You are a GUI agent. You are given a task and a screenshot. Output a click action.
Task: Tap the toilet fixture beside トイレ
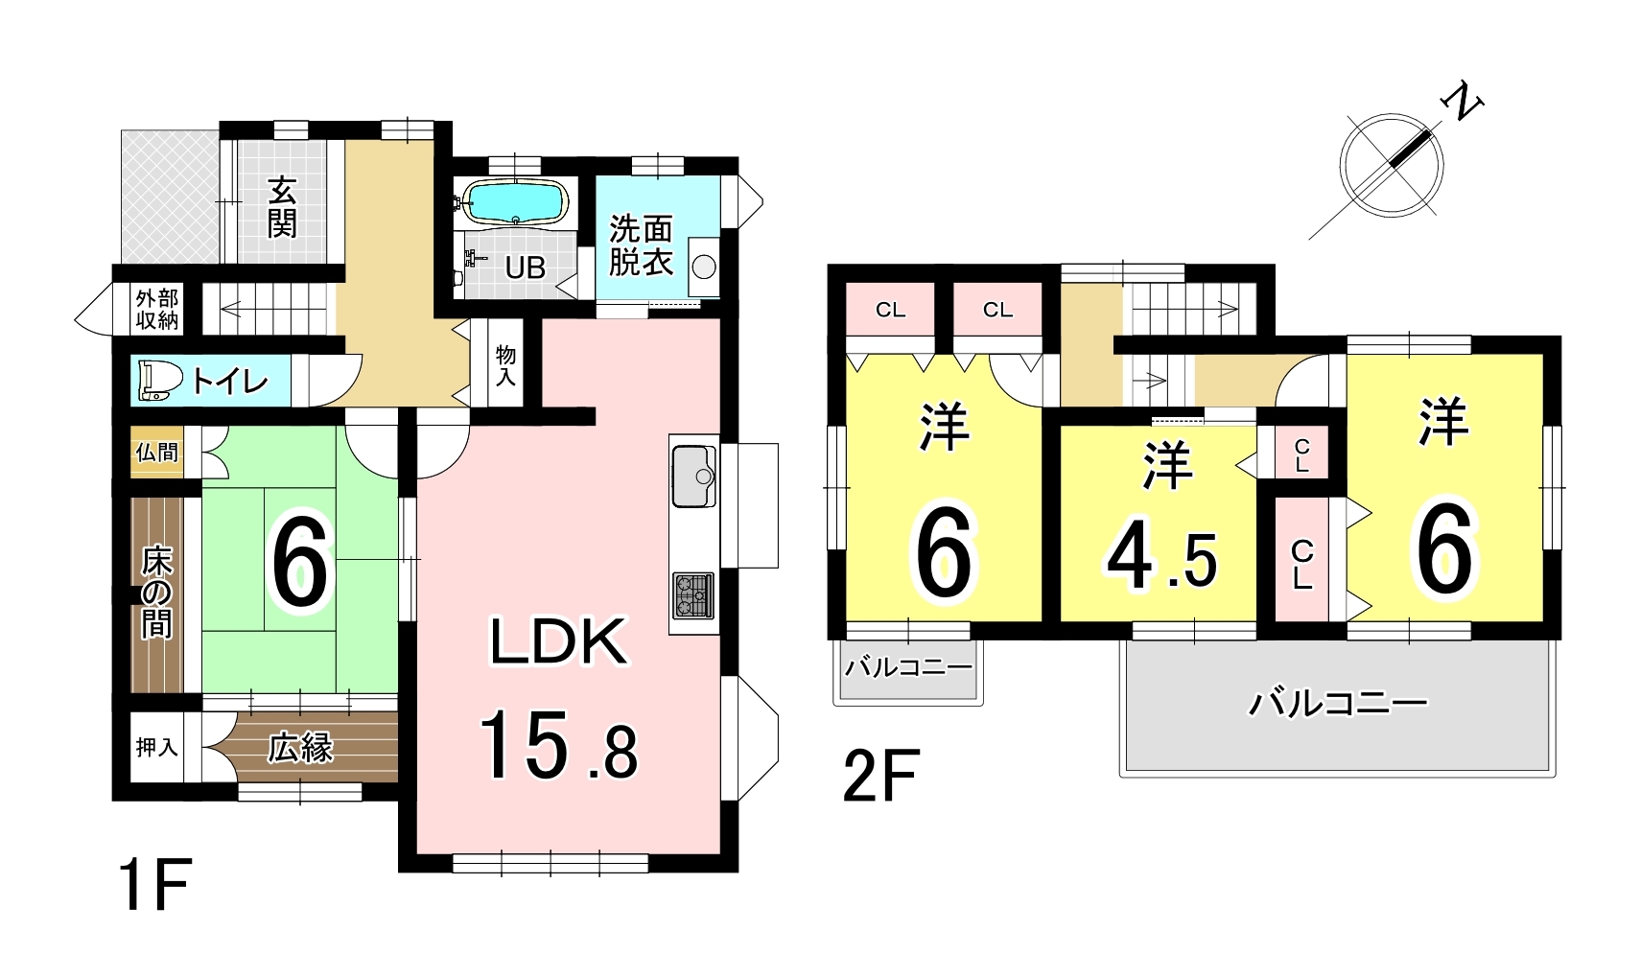159,380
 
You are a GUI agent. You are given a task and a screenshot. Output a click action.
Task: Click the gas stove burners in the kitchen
692,594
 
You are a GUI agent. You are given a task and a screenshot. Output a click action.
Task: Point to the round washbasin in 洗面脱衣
704,267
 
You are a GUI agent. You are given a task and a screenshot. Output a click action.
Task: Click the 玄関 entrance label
282,208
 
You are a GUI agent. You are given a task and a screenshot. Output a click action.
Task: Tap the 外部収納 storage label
156,309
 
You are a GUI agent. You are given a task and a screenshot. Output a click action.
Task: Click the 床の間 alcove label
156,592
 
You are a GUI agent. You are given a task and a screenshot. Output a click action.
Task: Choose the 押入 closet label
156,746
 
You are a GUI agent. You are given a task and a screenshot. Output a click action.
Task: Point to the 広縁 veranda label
300,747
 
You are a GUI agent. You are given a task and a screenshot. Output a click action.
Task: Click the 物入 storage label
505,365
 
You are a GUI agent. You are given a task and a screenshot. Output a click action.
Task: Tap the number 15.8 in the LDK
558,746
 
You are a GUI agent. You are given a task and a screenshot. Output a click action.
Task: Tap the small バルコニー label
908,667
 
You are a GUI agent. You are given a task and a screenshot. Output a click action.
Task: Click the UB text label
525,268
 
